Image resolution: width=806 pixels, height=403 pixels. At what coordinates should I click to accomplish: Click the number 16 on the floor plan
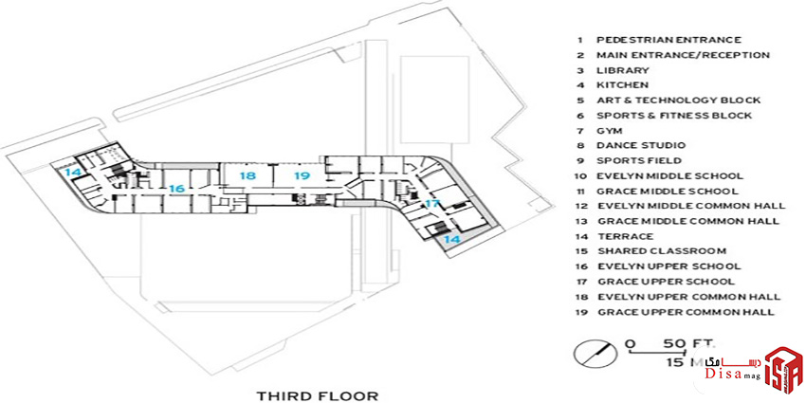[176, 189]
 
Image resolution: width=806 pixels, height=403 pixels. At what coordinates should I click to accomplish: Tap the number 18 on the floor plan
[247, 175]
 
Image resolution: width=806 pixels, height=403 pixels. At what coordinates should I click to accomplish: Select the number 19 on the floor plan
[302, 175]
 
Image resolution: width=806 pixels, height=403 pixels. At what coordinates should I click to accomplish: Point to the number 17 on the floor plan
[432, 204]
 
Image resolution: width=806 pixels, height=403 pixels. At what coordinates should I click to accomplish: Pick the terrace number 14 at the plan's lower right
[452, 239]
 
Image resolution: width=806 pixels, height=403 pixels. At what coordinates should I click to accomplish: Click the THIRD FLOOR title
[318, 395]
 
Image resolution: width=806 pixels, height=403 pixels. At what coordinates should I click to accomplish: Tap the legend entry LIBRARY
[623, 70]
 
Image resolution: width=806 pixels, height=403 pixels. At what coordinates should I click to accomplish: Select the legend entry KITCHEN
[622, 85]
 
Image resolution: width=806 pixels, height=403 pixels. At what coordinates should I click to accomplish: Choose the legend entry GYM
[610, 131]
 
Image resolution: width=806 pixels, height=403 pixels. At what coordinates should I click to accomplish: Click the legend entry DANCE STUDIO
[641, 145]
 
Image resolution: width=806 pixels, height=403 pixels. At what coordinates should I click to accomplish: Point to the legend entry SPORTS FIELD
[639, 161]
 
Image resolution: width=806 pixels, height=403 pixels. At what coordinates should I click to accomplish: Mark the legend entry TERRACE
[626, 236]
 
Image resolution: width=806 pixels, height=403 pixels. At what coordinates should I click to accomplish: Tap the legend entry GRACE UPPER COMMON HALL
[686, 312]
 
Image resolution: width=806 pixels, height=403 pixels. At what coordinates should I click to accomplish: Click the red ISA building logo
[783, 369]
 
